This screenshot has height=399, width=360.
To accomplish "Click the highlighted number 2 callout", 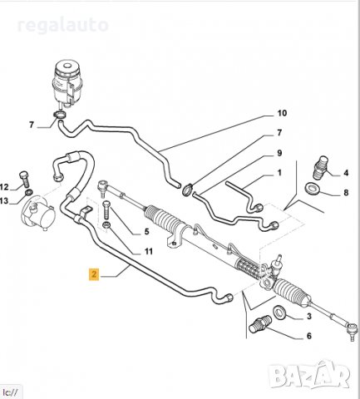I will pos(95,273).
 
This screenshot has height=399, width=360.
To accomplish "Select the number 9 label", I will pos(279,153).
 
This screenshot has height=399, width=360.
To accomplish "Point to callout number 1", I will pos(279,173).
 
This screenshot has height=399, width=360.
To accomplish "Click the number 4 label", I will pos(345,174).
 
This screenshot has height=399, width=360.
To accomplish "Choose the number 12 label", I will pos(4,186).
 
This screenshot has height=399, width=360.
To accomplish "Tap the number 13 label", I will pos(4,199).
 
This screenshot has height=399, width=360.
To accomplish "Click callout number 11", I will pos(148,251).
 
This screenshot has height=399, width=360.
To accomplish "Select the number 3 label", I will pos(308,317).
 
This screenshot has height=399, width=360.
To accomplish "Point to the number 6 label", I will pos(308,336).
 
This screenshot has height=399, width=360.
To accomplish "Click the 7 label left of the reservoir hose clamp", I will pos(32,126).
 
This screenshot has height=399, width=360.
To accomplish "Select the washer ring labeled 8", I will pos(312,192).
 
